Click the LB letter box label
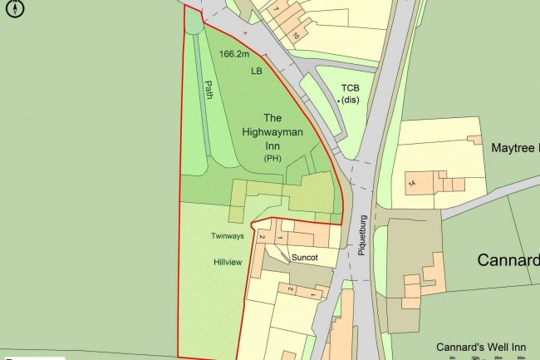(x=256, y=72)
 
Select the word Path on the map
(x=209, y=90)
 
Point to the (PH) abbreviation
(x=273, y=158)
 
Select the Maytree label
(x=515, y=149)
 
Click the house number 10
(x=295, y=35)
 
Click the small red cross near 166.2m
(x=244, y=32)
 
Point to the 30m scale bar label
(x=519, y=358)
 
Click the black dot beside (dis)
(x=339, y=101)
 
